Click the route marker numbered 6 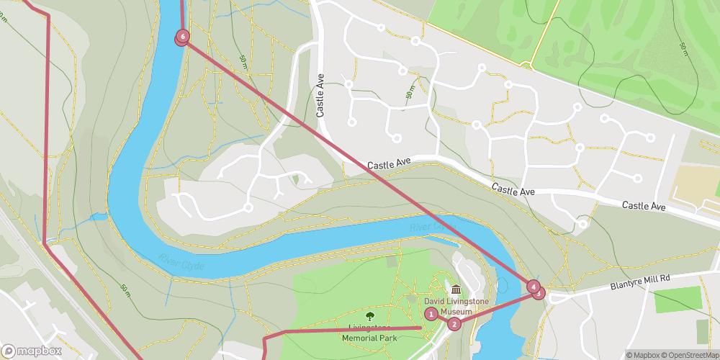pos(183,36)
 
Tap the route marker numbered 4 pos(533,287)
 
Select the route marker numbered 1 pos(431,313)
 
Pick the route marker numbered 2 pos(454,324)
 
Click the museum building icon pos(456,290)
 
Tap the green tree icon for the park pos(370,315)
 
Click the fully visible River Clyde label pos(181,264)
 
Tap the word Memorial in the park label pos(360,337)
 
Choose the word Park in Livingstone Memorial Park pos(388,337)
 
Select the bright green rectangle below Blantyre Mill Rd pos(678,300)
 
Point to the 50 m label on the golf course pos(683,49)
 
